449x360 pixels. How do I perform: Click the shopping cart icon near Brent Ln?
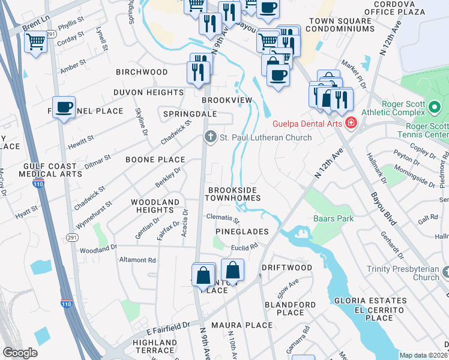[36, 42]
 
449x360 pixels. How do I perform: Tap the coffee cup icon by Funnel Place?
[64, 107]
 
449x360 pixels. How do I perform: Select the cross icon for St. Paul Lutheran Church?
[210, 137]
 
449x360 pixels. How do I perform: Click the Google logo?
[20, 353]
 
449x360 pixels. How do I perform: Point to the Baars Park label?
[333, 219]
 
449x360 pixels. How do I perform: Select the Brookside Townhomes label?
[234, 193]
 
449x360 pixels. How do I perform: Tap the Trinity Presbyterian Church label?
[414, 273]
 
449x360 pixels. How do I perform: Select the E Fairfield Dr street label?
[168, 328]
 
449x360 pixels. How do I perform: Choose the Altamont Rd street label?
[137, 260]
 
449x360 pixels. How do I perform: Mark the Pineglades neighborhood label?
[239, 232]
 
